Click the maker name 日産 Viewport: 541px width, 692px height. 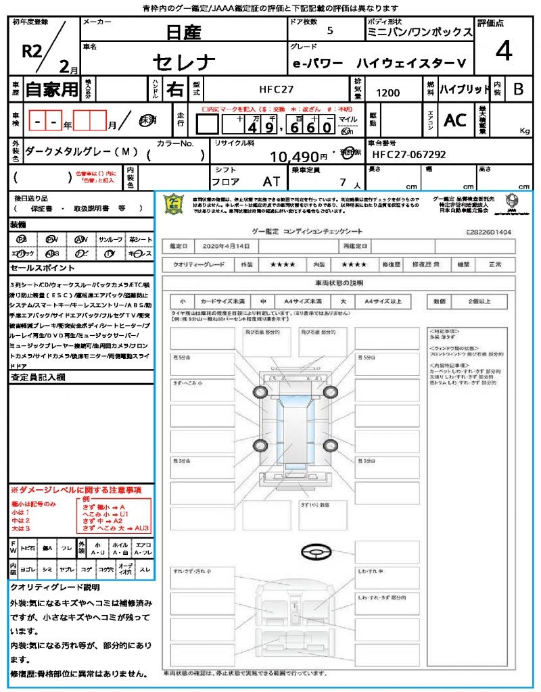184,32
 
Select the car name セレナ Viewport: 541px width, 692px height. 184,63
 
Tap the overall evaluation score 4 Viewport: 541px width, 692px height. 503,50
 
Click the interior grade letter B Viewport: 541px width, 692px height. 518,89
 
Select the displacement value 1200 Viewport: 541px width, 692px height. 387,93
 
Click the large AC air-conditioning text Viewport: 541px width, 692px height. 454,120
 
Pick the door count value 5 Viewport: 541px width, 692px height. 329,30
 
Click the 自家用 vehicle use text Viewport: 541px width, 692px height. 51,89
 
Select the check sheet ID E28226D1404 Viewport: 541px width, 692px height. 488,232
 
